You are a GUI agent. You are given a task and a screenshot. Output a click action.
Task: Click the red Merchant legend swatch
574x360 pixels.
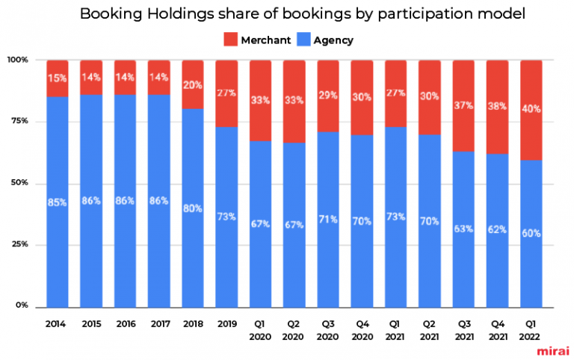coord(231,40)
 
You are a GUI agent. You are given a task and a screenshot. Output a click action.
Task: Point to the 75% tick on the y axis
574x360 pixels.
coord(19,121)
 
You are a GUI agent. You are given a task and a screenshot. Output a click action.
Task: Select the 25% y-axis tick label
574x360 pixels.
coord(19,244)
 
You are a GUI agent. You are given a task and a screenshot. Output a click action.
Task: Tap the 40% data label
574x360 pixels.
coord(531,109)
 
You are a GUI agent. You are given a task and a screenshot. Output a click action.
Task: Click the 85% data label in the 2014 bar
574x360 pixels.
coord(58,202)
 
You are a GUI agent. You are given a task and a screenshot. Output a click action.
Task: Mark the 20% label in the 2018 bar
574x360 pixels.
coord(193,84)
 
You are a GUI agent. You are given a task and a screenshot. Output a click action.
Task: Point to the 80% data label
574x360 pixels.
coord(193,208)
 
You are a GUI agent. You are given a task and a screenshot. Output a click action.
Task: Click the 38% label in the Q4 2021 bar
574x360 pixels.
coord(496,106)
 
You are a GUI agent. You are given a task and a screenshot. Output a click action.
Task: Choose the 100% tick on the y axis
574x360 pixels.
coord(17,60)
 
